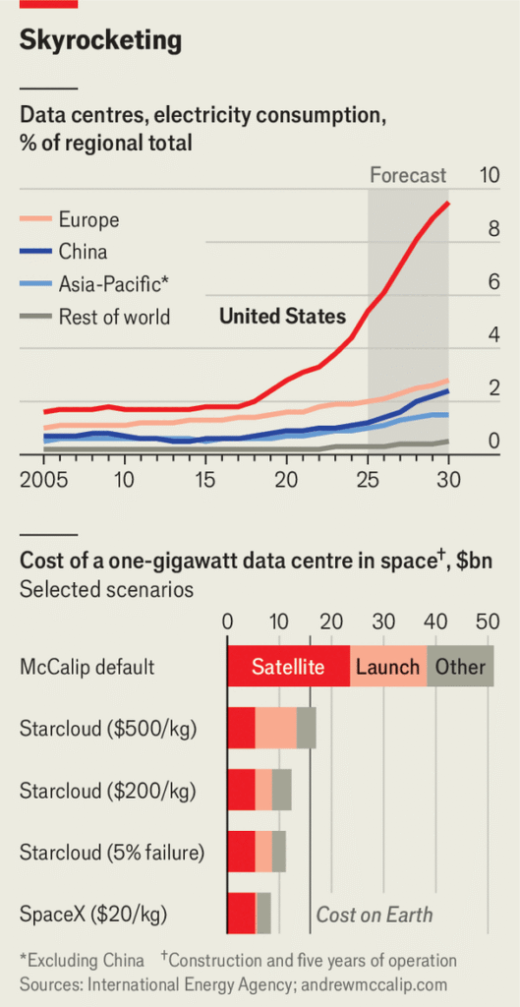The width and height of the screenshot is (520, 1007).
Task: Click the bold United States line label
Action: (282, 316)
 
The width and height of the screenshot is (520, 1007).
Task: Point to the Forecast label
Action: (408, 175)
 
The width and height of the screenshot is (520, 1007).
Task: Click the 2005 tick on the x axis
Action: (43, 480)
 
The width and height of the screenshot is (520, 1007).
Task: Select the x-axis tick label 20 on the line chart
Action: (286, 480)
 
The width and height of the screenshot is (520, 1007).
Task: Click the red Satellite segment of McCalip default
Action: (288, 667)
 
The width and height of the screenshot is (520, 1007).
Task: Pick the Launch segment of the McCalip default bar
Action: (387, 667)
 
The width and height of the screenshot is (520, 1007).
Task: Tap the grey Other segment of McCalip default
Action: (460, 667)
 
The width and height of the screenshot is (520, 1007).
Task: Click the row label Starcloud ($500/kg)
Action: (108, 729)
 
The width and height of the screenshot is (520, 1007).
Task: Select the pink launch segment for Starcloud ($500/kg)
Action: (275, 729)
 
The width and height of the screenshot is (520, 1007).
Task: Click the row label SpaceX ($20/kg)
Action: (93, 914)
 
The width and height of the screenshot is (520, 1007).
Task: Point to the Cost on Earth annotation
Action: (375, 914)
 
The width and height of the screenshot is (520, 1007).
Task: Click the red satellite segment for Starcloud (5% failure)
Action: (242, 852)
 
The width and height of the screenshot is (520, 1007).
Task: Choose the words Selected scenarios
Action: (106, 589)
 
